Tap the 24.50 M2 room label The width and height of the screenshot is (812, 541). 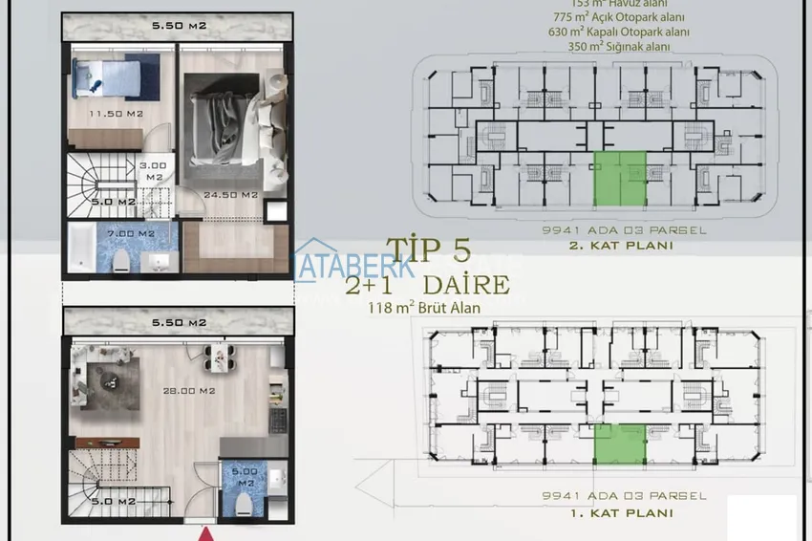235,195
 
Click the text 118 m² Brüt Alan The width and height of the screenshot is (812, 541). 424,308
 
